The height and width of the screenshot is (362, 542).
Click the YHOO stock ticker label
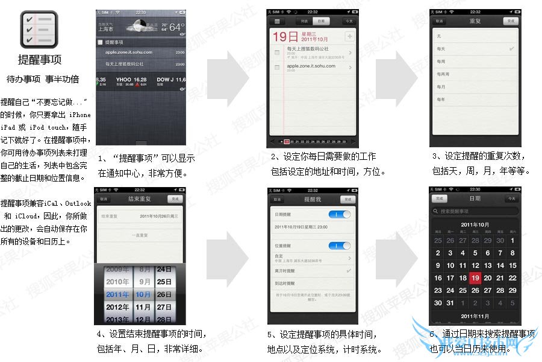click(x=123, y=79)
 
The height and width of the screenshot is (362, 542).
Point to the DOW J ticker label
click(x=166, y=79)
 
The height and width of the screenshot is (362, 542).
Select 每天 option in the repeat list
click(x=441, y=48)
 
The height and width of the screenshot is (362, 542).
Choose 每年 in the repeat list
click(x=441, y=100)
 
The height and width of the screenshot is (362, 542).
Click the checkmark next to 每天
click(x=512, y=48)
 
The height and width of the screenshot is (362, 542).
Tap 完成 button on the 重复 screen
click(x=511, y=21)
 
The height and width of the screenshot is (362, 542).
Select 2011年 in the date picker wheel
click(x=118, y=294)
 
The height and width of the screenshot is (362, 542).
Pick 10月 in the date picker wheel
click(x=143, y=294)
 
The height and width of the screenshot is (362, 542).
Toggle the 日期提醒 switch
click(x=340, y=214)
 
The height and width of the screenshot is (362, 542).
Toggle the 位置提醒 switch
click(x=340, y=246)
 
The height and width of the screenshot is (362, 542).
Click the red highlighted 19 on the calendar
click(x=475, y=278)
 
